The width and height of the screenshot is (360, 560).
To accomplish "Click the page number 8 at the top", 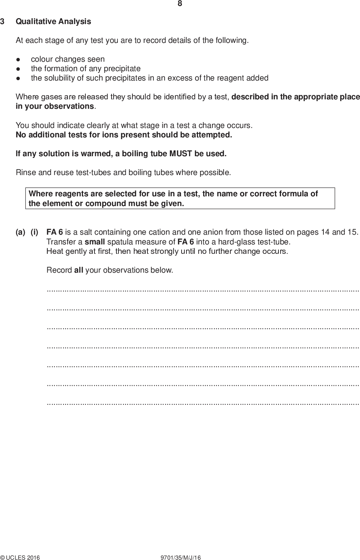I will (180, 4).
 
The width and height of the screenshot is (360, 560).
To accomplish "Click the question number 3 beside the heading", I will (2, 22).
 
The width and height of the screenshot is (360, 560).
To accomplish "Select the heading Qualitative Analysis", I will (53, 22).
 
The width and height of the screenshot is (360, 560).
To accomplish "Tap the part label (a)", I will (21, 232).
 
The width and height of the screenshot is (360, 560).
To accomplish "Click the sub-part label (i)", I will (35, 232).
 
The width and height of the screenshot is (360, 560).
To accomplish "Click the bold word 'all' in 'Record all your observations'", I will (79, 270).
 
